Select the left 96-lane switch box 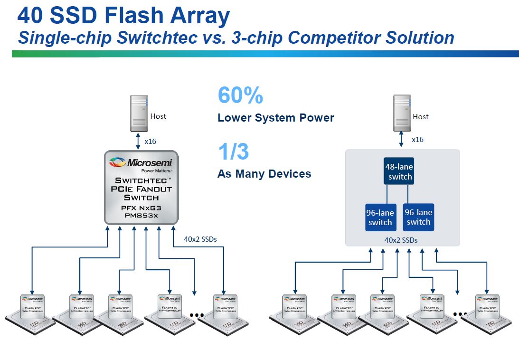[x=380, y=218]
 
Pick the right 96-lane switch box [x=418, y=217]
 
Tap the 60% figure [x=240, y=95]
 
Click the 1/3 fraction [x=234, y=152]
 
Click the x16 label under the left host [x=150, y=141]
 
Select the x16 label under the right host [x=417, y=140]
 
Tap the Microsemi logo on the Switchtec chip [x=141, y=163]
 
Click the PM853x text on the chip [x=141, y=215]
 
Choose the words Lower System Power [x=275, y=118]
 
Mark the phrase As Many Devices [x=264, y=174]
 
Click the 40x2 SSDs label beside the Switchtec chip [x=200, y=239]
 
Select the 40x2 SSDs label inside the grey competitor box [x=401, y=240]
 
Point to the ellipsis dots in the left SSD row [x=196, y=315]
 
